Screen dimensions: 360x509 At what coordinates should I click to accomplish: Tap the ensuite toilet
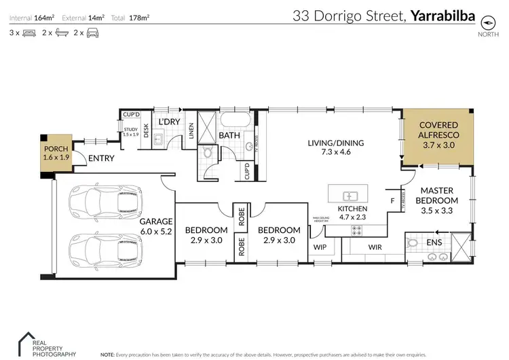coord(413,242)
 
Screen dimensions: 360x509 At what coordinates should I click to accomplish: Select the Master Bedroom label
coord(436,200)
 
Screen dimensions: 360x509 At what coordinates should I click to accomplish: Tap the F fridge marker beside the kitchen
coord(392,202)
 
